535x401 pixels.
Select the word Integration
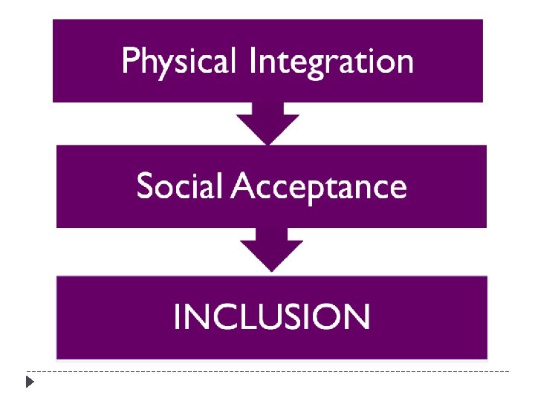[x=331, y=62]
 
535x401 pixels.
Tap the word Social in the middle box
[x=179, y=186]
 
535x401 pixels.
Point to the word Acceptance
[x=320, y=187]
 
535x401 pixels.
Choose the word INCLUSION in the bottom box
[x=271, y=317]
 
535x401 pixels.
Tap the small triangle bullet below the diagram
[x=29, y=382]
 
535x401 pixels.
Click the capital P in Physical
[x=130, y=61]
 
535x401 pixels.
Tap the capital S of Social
[x=145, y=186]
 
